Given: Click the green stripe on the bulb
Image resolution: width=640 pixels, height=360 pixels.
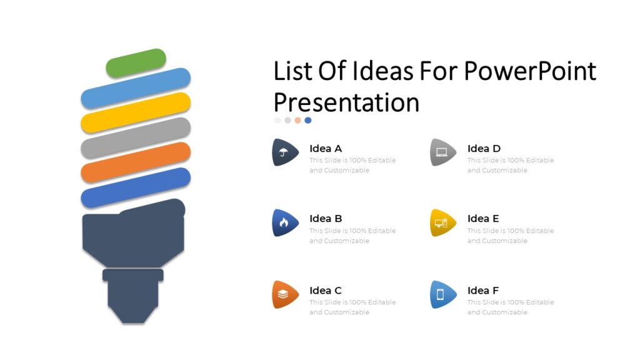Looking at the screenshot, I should (x=136, y=63).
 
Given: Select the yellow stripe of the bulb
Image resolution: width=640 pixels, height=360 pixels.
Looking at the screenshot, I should (x=136, y=112).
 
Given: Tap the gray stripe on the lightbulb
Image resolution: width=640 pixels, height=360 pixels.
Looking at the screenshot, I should (x=136, y=137).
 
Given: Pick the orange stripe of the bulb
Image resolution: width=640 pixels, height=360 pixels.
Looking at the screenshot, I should (x=136, y=162).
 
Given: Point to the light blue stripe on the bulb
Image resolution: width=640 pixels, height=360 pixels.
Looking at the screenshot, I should (x=136, y=88).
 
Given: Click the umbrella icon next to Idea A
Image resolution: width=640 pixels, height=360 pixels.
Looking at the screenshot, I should (x=284, y=152).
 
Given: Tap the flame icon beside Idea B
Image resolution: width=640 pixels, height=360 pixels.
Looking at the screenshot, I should (x=284, y=222).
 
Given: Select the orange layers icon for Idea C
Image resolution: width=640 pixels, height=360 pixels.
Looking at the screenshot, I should (x=284, y=294).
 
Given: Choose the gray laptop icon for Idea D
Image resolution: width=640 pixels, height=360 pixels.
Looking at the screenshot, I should (x=442, y=152).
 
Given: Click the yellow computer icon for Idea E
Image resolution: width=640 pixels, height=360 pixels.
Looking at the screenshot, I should (x=441, y=222).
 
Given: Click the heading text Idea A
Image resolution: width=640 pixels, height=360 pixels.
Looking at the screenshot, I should (x=326, y=149).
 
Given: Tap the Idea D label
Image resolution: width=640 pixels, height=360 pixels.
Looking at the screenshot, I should (x=484, y=149).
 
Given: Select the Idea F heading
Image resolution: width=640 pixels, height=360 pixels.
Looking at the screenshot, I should (x=483, y=291).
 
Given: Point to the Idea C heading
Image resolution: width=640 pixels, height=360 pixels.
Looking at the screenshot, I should (x=326, y=291).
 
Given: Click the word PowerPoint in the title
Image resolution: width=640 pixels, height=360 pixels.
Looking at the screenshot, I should (x=530, y=72).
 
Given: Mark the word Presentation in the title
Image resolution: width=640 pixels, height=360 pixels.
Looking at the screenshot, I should (x=346, y=102).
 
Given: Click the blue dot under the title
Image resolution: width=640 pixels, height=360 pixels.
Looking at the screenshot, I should (x=308, y=120).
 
